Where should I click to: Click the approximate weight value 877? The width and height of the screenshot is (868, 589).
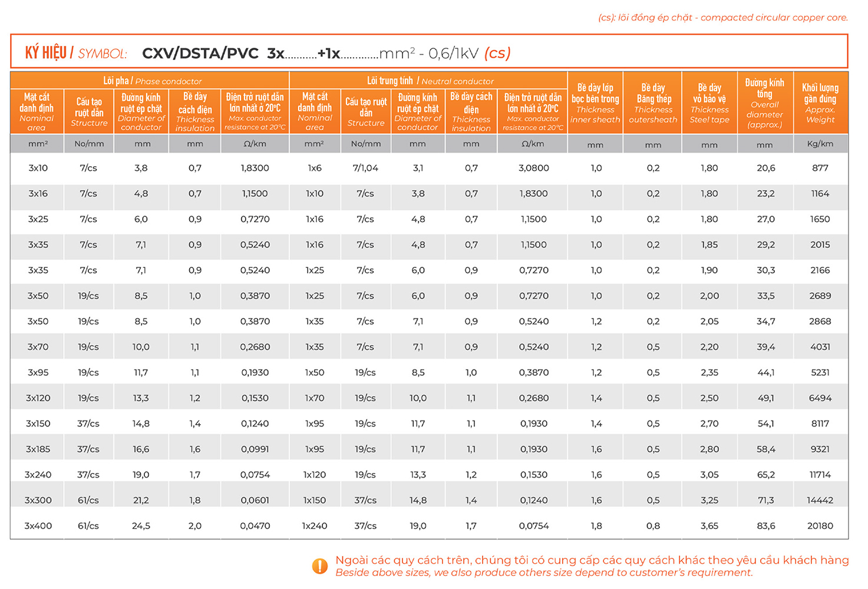click(x=820, y=168)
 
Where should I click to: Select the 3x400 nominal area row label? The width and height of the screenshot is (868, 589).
click(x=38, y=525)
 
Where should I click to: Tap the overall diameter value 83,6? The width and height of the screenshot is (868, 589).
click(x=765, y=525)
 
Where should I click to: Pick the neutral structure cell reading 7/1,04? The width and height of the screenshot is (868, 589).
click(x=365, y=168)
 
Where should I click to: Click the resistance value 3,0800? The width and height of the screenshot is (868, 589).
click(x=533, y=168)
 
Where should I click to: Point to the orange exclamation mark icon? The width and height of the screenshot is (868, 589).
click(x=319, y=566)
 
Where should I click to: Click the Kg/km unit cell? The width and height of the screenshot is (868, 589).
click(x=820, y=144)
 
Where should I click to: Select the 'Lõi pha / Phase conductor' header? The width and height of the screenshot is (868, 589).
click(x=152, y=81)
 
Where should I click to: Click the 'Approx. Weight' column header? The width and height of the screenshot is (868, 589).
click(x=820, y=103)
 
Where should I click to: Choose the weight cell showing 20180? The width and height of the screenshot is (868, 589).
click(x=820, y=525)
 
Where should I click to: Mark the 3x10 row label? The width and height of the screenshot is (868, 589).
click(x=38, y=168)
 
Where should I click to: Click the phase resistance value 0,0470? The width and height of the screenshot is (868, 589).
click(x=255, y=525)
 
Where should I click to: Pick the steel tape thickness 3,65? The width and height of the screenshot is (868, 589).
click(x=709, y=525)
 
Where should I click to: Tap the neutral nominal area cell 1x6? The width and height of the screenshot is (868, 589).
click(x=315, y=168)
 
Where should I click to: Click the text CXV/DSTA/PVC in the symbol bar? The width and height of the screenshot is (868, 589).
click(x=200, y=54)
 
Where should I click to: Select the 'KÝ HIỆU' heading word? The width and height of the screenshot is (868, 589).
click(x=45, y=53)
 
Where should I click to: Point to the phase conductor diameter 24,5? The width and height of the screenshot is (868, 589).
click(x=141, y=525)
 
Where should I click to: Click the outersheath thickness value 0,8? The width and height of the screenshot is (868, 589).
click(x=653, y=525)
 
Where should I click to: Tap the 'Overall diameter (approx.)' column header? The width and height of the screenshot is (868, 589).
click(x=764, y=103)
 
